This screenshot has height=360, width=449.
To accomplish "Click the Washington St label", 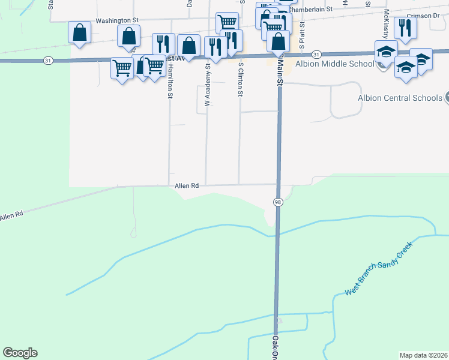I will (x=117, y=20).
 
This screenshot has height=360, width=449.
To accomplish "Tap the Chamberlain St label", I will (x=310, y=10).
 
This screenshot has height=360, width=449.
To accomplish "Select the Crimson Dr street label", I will (x=427, y=16).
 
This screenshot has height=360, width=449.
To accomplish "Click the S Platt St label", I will (x=303, y=36).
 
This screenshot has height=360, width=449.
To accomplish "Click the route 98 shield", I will (x=279, y=202).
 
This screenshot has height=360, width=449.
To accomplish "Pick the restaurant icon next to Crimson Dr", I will (x=406, y=27).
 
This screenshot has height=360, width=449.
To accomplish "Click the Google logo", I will (x=20, y=353).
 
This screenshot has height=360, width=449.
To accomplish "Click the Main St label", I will (x=279, y=70).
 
